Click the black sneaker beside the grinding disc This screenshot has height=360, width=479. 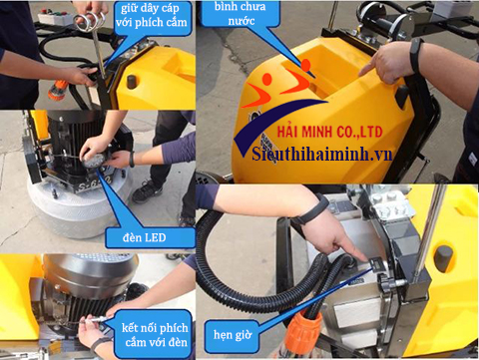coord(147,189)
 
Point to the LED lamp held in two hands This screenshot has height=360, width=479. coord(97,160)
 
